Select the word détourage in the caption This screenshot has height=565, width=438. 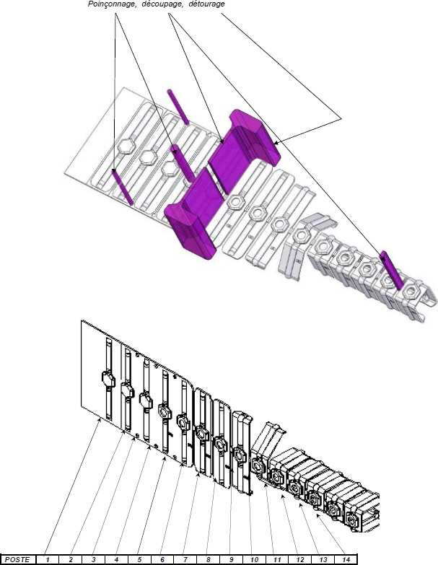(207, 4)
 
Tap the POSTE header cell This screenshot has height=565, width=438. (17, 560)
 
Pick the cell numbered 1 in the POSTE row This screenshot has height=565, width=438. (47, 560)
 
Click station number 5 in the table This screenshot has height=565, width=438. (139, 560)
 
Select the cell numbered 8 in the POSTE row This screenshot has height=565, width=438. (209, 560)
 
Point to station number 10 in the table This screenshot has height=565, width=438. (254, 560)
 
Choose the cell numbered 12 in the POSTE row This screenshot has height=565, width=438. (300, 560)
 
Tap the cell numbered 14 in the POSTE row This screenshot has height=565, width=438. (346, 560)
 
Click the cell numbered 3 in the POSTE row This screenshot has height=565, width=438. (93, 560)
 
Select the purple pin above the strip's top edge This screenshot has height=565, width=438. (178, 107)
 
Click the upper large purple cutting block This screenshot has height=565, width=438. (244, 149)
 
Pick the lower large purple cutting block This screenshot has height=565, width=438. (191, 213)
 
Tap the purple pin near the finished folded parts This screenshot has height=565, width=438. (392, 271)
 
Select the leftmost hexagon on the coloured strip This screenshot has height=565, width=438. (126, 146)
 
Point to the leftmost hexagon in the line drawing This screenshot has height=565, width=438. (108, 380)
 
